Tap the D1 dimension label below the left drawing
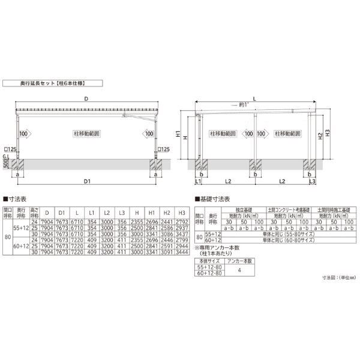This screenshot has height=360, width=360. point(86,180)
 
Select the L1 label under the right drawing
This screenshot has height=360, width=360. point(197,181)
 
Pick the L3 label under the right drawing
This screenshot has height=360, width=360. point(312,181)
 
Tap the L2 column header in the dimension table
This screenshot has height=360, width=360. point(106,212)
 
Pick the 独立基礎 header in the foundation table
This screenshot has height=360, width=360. point(239,209)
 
